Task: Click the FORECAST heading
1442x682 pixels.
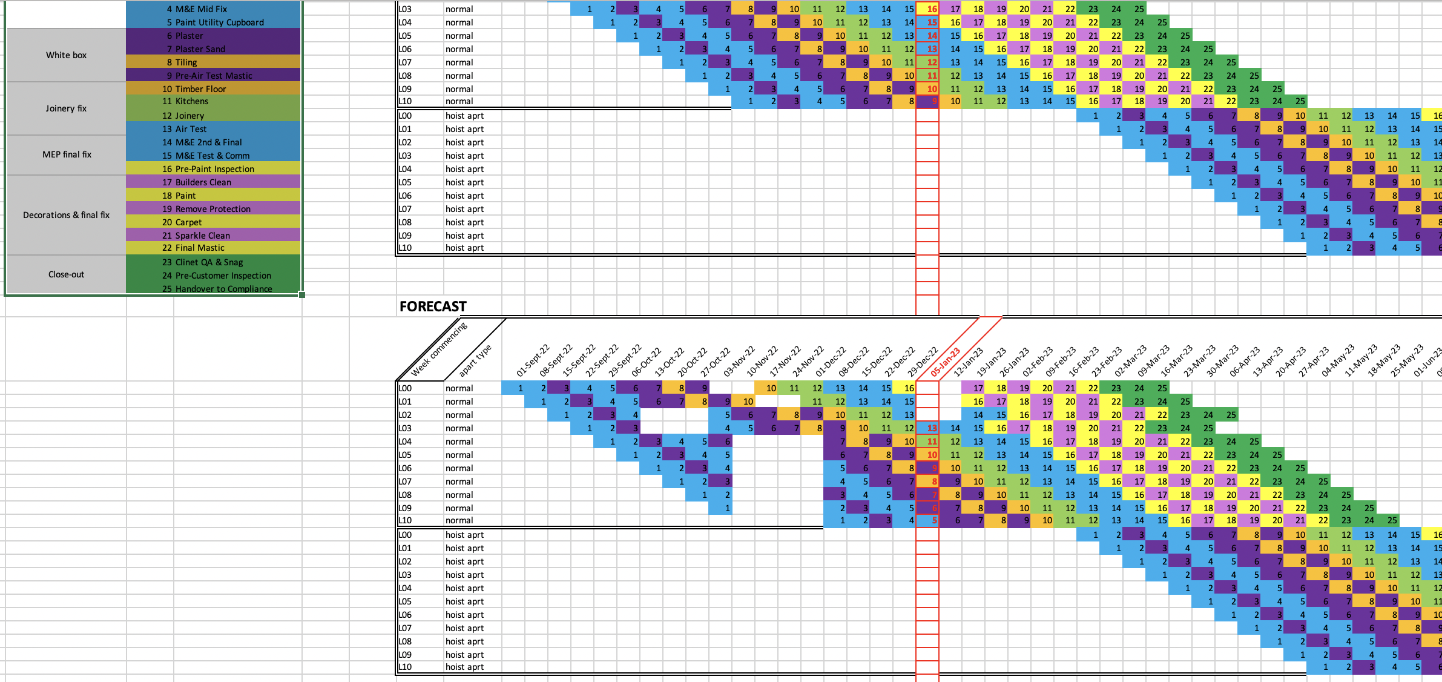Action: click(x=433, y=306)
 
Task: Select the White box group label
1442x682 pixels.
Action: click(x=66, y=55)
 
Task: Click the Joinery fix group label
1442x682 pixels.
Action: click(x=66, y=108)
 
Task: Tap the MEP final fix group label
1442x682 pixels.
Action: click(x=67, y=154)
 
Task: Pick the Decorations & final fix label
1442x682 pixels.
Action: click(x=66, y=215)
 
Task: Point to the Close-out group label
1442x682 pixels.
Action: click(x=66, y=274)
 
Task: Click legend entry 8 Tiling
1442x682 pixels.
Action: click(x=182, y=62)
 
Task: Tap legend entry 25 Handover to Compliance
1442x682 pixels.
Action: click(x=217, y=289)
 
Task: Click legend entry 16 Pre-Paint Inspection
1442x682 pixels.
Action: click(x=208, y=169)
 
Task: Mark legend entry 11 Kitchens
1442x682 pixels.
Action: click(x=185, y=101)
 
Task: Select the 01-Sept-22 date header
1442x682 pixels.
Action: click(x=533, y=361)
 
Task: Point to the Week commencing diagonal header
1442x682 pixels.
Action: click(x=439, y=349)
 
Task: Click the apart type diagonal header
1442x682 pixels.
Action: click(x=475, y=361)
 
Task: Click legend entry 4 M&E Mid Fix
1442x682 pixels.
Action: click(x=197, y=9)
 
